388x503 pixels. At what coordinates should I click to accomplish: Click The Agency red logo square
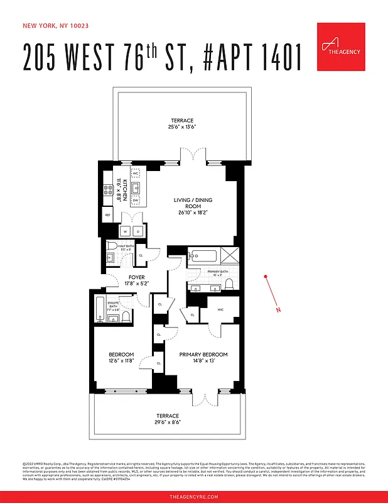[340, 46]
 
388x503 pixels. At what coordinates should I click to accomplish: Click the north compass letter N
[278, 310]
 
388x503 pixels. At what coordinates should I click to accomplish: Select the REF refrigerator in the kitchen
[107, 214]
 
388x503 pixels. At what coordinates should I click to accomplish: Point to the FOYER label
[137, 277]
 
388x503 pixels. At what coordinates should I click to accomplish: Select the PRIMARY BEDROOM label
[203, 355]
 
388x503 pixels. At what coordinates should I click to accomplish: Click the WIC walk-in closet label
[220, 309]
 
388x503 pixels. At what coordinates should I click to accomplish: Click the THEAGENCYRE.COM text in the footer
[194, 497]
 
